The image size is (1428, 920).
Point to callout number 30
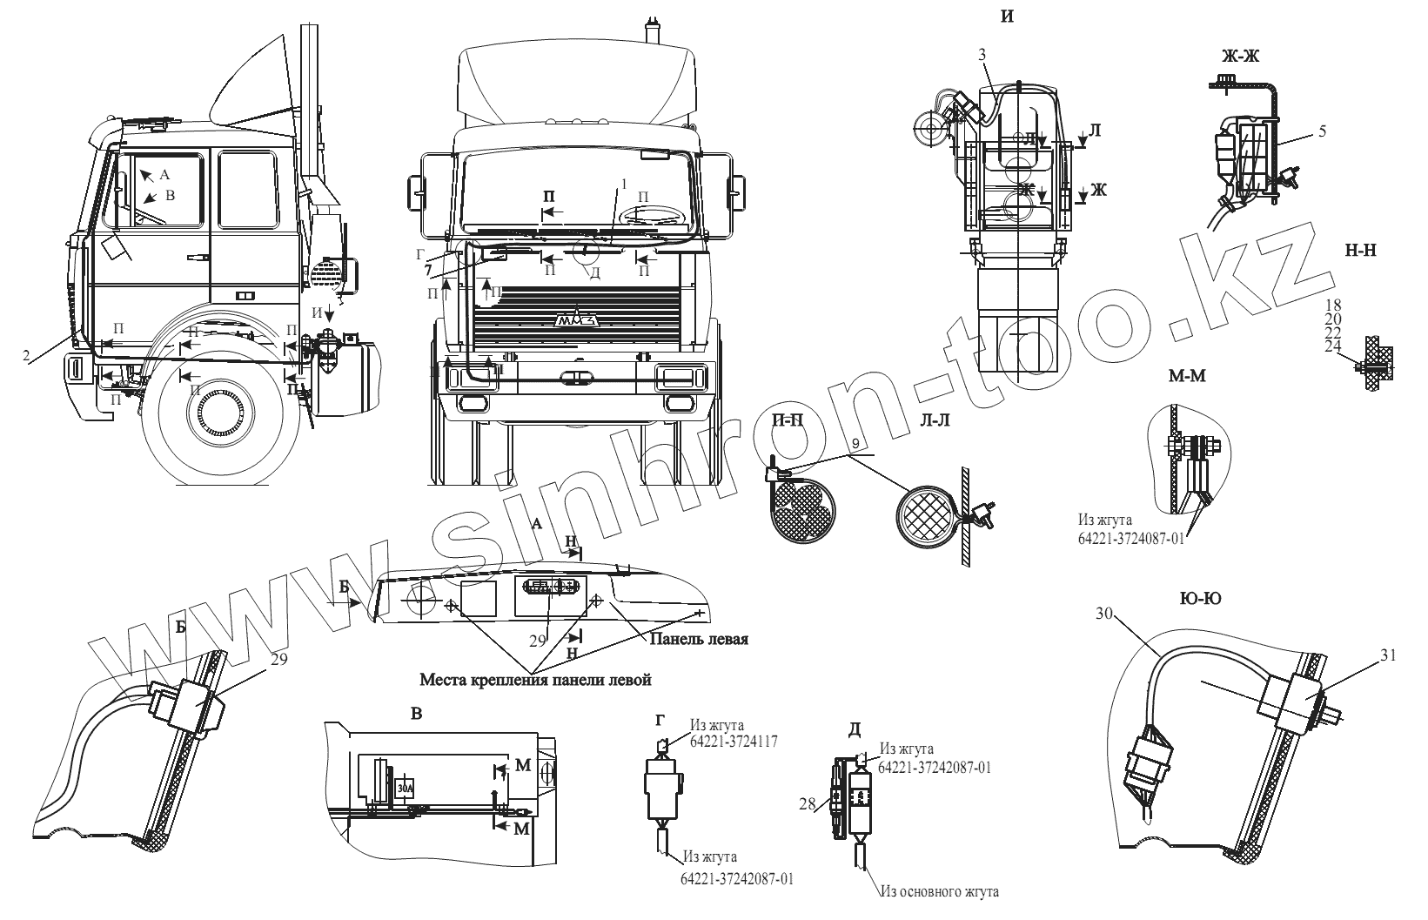pyautogui.click(x=1104, y=613)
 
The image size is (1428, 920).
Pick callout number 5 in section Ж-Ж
pyautogui.click(x=1322, y=131)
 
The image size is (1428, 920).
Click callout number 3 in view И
pyautogui.click(x=982, y=54)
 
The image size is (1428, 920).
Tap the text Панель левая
pyautogui.click(x=697, y=640)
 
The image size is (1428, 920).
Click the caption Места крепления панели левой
pyautogui.click(x=535, y=679)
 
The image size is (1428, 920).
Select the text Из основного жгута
pyautogui.click(x=939, y=891)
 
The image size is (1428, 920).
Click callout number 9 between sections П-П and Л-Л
pyautogui.click(x=855, y=444)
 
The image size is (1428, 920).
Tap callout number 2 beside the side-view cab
pyautogui.click(x=26, y=355)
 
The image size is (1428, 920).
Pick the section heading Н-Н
pyautogui.click(x=1359, y=249)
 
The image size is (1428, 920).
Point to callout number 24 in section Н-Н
pyautogui.click(x=1333, y=346)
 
